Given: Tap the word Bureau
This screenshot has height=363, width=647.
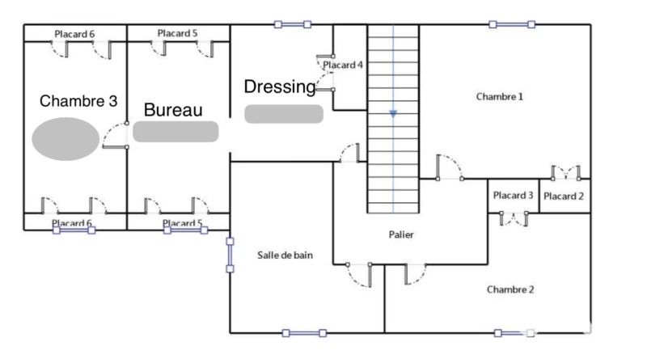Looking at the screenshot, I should pos(172,110).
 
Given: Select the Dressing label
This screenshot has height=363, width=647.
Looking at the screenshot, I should pos(279,87).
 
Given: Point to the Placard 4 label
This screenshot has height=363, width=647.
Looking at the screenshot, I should pos(343,65).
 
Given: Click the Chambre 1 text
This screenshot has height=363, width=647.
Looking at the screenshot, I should pos(499,96).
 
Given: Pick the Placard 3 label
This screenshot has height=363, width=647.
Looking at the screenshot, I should pos(513,195).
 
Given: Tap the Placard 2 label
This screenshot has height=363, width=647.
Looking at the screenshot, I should pos(564,196).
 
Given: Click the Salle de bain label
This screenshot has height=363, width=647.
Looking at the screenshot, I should pos(285,255).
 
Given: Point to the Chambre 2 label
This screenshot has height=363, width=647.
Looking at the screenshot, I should pos(510,289).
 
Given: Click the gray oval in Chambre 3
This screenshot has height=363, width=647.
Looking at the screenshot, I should pos(66,138).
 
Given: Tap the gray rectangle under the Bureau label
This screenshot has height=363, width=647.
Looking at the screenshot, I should pos(175,132).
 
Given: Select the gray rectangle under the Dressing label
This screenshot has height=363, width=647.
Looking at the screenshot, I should pos(284,113).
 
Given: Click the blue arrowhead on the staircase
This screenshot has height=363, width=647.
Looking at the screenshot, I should pos(393,114).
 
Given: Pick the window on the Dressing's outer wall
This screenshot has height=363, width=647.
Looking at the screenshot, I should pos(293,24).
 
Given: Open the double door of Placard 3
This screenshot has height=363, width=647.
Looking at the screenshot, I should pos(514,217).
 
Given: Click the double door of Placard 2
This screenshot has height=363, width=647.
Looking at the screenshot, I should pos(565,172).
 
